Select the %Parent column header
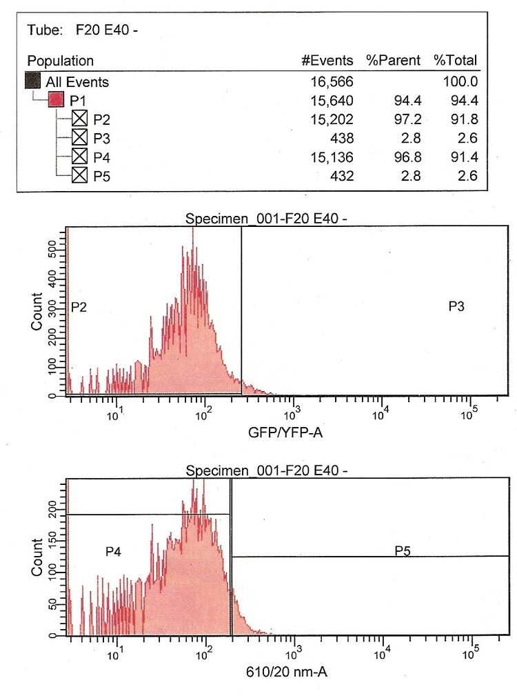(393, 61)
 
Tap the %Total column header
(455, 61)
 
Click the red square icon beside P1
(55, 101)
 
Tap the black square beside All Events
(32, 81)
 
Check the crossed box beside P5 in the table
(80, 175)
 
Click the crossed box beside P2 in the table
(80, 119)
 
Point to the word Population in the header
(61, 61)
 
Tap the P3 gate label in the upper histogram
(456, 306)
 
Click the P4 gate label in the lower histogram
(114, 551)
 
